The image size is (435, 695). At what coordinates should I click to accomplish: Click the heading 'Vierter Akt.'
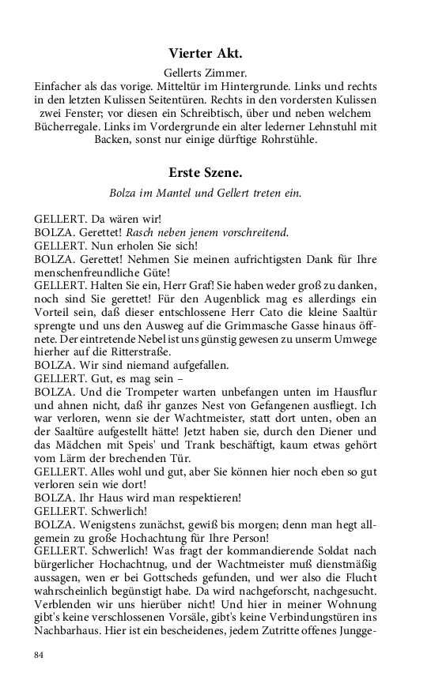coord(205,54)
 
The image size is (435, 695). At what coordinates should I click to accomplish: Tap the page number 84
coord(40,655)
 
